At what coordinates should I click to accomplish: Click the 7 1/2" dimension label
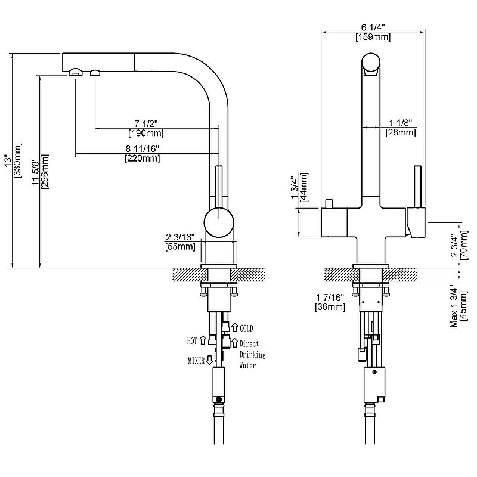point(143,123)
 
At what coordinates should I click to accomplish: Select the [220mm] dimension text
point(143,159)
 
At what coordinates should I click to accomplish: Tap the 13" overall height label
point(7,161)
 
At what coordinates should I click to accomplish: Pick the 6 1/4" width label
point(373,27)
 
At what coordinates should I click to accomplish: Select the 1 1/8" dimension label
point(400,123)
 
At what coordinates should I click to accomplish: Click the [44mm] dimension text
point(305,187)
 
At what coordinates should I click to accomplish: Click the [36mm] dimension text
point(330,307)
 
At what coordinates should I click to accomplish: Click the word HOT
point(192,340)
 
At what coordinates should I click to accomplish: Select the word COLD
point(246,328)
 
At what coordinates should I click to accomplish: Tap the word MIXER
point(196,361)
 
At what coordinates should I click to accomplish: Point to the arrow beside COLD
point(235,327)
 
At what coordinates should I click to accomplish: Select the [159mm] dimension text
point(373,37)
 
